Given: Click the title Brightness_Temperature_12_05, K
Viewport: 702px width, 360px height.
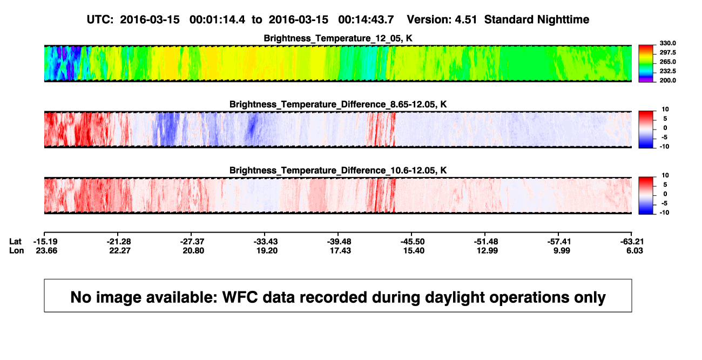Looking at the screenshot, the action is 338,38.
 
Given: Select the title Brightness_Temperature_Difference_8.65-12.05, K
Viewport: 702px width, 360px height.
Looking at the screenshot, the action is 338,104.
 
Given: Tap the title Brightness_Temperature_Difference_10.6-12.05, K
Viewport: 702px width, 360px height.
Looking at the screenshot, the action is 338,171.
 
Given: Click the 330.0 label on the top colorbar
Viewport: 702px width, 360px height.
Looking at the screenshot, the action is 667,43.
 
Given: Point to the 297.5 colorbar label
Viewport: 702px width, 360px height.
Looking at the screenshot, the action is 667,52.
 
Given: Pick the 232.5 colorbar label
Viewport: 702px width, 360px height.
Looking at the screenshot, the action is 667,71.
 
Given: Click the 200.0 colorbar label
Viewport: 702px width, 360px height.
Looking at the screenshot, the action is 667,80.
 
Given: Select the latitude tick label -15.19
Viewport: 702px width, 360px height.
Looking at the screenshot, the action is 45,242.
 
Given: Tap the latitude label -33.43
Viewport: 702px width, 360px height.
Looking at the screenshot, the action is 266,242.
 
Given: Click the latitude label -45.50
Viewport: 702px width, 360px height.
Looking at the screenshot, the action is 413,242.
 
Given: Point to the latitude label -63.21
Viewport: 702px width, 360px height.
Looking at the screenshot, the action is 632,242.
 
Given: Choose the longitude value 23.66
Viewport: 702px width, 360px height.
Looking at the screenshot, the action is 46,251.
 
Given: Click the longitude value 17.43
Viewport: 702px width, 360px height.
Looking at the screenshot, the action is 340,251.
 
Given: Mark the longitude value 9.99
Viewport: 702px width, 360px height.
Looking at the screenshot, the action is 562,251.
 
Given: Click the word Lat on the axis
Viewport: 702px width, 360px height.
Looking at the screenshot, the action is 15,242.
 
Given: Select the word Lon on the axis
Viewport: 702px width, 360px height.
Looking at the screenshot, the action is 16,251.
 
